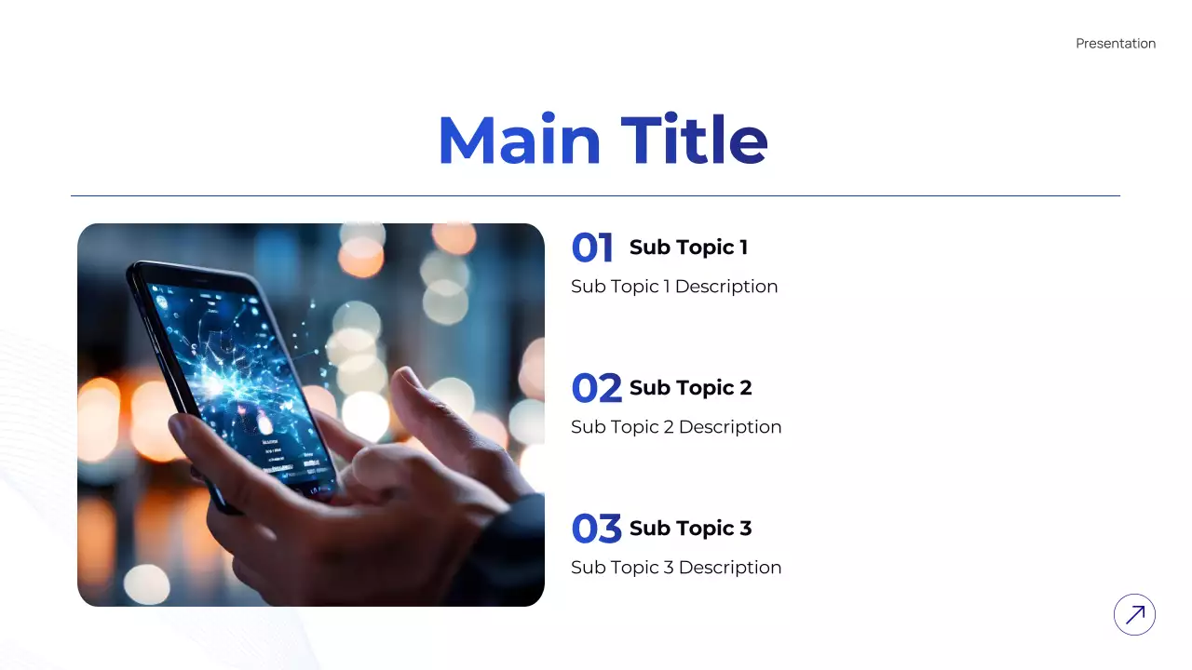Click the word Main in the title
520,141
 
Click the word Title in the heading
694,141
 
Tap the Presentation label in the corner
1116,44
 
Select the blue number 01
592,248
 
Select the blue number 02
596,389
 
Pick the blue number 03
596,529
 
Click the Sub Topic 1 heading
688,248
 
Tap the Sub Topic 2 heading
690,388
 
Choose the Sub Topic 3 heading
690,529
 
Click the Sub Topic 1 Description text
674,287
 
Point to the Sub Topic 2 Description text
676,427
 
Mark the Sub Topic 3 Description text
676,568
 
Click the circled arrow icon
1134,615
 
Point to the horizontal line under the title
595,196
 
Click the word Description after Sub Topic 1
726,287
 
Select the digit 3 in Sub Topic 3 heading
745,529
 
